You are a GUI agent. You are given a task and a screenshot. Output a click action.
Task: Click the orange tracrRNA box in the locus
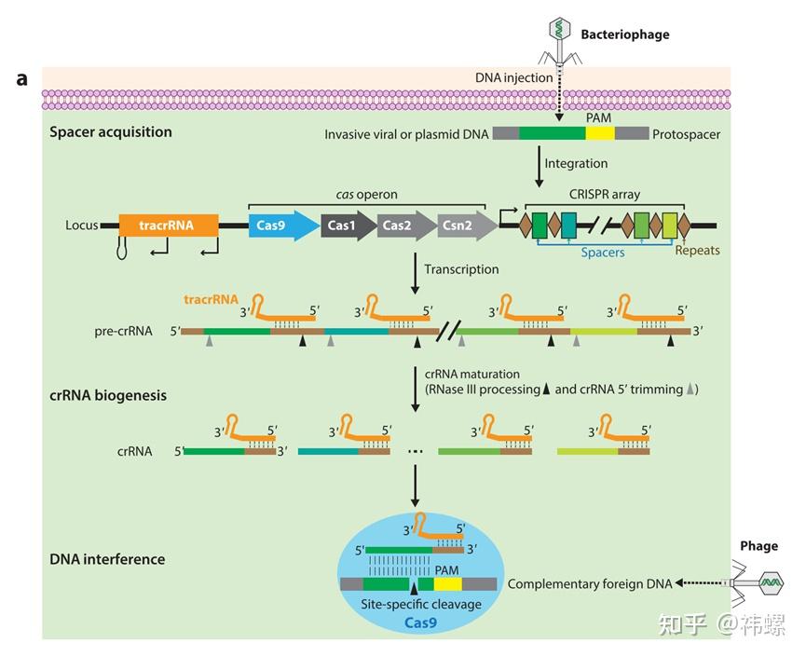169,226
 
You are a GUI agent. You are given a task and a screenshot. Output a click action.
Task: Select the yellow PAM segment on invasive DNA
600,134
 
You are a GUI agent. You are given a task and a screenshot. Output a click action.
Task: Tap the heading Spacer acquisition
111,132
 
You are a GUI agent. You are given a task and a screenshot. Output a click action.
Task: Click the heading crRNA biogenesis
108,395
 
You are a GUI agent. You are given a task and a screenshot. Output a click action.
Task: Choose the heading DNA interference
107,559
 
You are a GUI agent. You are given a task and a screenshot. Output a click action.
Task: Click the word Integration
576,164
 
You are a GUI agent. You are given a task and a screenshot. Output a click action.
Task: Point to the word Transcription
461,269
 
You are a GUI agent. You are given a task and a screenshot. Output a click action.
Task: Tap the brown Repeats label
697,250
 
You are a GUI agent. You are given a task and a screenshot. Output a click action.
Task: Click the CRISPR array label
605,195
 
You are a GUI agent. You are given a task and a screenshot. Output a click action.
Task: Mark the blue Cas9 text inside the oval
420,623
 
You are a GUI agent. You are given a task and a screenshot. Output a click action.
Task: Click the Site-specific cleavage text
420,605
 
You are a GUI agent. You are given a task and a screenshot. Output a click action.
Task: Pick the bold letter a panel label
21,78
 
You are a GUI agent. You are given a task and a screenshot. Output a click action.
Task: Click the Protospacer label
686,134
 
